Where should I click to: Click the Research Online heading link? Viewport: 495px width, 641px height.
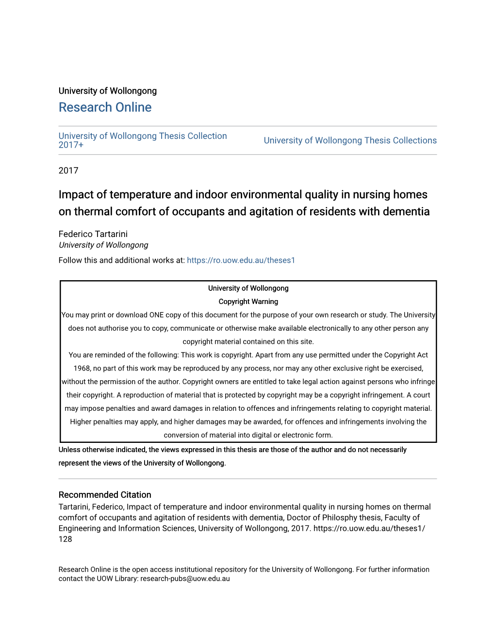tap(105, 107)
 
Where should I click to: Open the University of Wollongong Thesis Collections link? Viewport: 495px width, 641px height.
tap(350, 140)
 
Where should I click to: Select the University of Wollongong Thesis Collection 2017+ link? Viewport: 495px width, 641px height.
tap(142, 140)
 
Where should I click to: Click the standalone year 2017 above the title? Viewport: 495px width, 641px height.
tap(68, 170)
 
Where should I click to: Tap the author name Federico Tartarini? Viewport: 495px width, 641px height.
tap(93, 234)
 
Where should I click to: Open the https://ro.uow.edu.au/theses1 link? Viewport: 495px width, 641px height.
tap(241, 260)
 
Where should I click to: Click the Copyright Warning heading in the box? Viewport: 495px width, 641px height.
tap(248, 302)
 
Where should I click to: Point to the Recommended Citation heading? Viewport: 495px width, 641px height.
tap(105, 495)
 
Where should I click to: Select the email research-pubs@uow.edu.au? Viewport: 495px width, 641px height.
tap(185, 579)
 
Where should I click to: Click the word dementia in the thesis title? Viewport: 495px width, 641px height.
tap(407, 212)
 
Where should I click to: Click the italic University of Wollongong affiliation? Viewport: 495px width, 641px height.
tap(103, 245)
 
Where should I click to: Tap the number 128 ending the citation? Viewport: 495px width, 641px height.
tap(65, 539)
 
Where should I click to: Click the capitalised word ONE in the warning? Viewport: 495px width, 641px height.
tap(157, 315)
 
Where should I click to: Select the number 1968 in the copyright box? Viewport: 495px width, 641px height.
tap(82, 369)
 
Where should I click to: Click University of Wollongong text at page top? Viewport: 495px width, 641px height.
tap(108, 91)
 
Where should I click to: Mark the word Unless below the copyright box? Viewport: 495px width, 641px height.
tap(69, 450)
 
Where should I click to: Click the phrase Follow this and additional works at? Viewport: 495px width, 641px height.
tap(121, 260)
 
